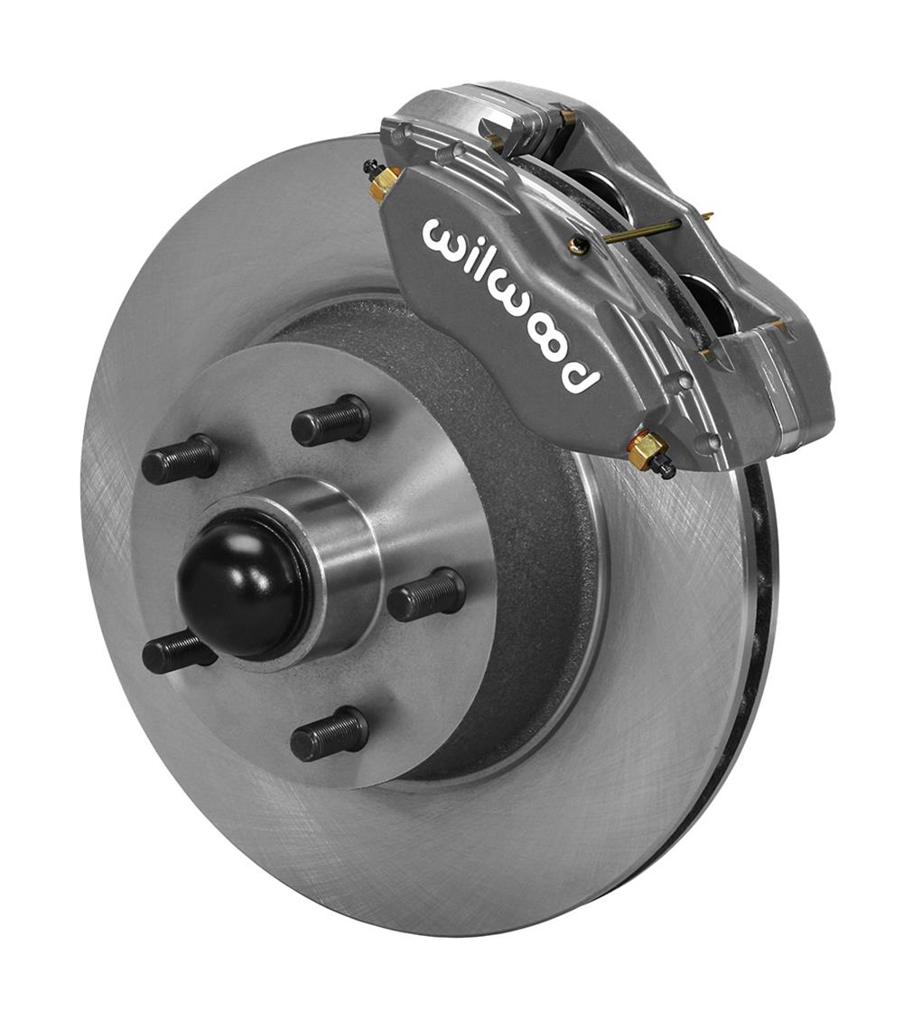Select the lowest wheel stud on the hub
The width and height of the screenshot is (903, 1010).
tap(330, 733)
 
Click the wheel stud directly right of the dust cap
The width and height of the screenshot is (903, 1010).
tap(426, 596)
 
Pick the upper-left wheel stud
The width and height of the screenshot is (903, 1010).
tap(181, 459)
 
